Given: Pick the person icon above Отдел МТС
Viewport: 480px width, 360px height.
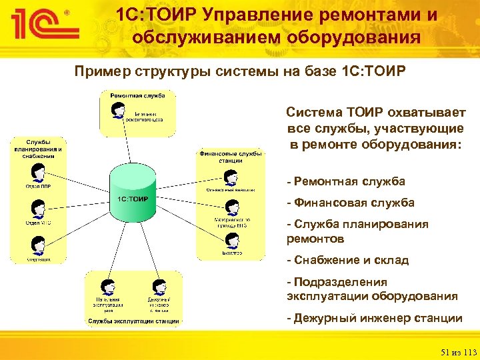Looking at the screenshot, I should tap(38, 209).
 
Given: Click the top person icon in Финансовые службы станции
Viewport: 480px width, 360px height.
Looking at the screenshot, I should tap(231, 177).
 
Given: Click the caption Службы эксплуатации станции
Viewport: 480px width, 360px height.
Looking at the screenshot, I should tap(133, 321).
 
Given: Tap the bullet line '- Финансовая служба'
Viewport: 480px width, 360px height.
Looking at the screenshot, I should tap(350, 202).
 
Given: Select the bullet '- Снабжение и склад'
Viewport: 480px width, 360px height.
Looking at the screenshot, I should tap(347, 260).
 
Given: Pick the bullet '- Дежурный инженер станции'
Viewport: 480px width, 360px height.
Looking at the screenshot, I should tap(374, 318).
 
